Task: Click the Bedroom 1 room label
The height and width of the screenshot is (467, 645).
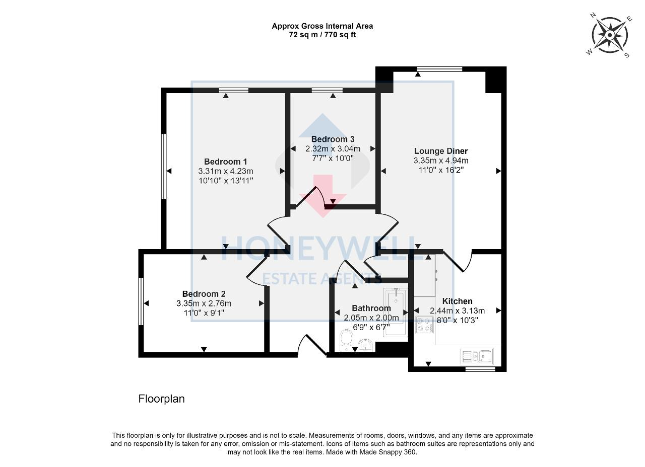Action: click(225, 162)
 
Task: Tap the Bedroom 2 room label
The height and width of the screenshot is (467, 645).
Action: click(204, 294)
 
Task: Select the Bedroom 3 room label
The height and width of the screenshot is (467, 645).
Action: click(333, 139)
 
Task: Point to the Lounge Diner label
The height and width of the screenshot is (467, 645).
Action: click(441, 151)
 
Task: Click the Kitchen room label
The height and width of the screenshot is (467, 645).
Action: click(457, 301)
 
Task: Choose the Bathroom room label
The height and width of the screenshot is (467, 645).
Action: click(371, 308)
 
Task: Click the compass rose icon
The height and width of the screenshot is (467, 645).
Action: click(610, 35)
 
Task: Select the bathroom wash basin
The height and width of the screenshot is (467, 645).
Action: click(366, 345)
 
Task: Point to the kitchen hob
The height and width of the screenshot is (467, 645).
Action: click(424, 325)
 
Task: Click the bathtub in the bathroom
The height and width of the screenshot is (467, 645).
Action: click(395, 312)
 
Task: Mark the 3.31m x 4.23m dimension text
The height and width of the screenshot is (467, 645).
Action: click(225, 171)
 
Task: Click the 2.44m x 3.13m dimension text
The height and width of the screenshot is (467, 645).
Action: click(457, 311)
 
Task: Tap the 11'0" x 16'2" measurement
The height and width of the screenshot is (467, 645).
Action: click(441, 170)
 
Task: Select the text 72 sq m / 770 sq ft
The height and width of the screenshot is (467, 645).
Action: click(322, 35)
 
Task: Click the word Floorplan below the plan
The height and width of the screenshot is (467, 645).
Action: click(161, 399)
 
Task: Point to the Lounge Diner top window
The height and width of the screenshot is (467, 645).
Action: click(439, 69)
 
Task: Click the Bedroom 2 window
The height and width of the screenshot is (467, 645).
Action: click(142, 302)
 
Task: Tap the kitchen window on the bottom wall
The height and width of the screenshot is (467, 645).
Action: click(480, 369)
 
